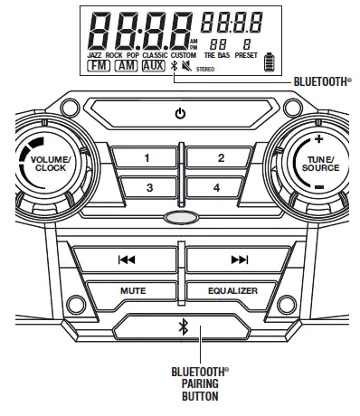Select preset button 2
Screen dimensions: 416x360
click(220, 158)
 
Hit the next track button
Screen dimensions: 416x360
click(239, 260)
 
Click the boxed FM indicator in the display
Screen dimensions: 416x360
click(99, 67)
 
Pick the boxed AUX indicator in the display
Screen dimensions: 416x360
click(154, 67)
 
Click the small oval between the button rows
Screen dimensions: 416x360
click(179, 217)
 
